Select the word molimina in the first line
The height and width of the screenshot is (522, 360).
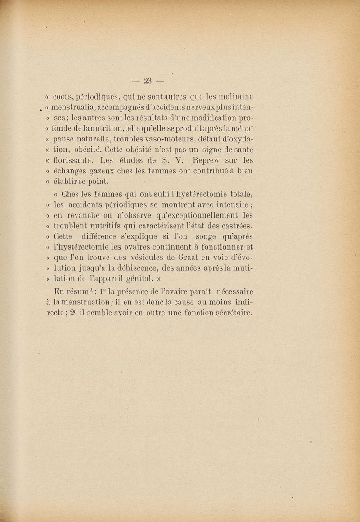coord(234,96)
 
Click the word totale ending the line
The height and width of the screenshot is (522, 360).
coord(238,195)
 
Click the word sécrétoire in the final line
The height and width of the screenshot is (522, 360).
coord(229,312)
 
